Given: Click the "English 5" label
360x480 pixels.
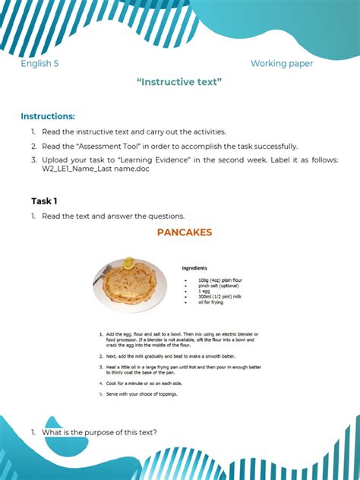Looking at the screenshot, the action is (39, 64).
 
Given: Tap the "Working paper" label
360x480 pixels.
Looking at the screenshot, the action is (281, 64).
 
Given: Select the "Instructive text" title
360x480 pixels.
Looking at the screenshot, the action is (179, 81).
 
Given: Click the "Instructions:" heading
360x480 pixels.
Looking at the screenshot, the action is (48, 116).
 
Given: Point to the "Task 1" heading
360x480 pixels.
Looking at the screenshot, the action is (44, 201).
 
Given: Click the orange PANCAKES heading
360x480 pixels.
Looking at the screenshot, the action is (185, 232).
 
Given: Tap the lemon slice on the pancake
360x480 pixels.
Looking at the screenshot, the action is (129, 264).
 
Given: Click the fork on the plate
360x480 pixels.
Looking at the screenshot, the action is (99, 276).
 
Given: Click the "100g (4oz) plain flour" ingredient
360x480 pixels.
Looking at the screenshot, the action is (220, 280).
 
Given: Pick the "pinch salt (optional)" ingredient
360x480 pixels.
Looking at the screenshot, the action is (218, 286).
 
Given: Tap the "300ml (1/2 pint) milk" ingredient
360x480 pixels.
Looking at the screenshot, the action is (221, 297).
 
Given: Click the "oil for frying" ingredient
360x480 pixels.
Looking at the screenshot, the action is (210, 302).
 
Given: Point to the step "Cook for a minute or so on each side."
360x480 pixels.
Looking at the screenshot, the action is (145, 384).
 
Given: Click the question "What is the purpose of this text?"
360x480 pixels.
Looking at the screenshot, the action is (99, 432).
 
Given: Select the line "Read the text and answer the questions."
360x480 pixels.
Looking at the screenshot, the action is (113, 216).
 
